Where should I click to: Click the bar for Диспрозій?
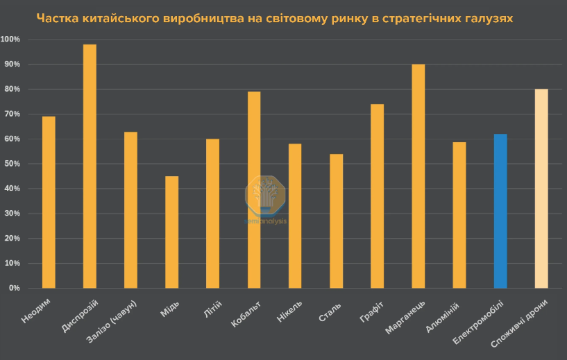click(90, 166)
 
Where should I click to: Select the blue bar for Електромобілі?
click(500, 211)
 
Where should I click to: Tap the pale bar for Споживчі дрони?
click(541, 189)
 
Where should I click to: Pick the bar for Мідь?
click(171, 232)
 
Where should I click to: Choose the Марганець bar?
click(418, 176)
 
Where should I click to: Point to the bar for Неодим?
click(49, 202)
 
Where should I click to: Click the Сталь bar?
click(336, 221)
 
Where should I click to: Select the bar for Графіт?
click(377, 196)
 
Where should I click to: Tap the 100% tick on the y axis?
click(11, 40)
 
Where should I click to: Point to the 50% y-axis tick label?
click(12, 164)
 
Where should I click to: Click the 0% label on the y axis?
click(15, 288)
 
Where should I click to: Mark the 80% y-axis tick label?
click(12, 89)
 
